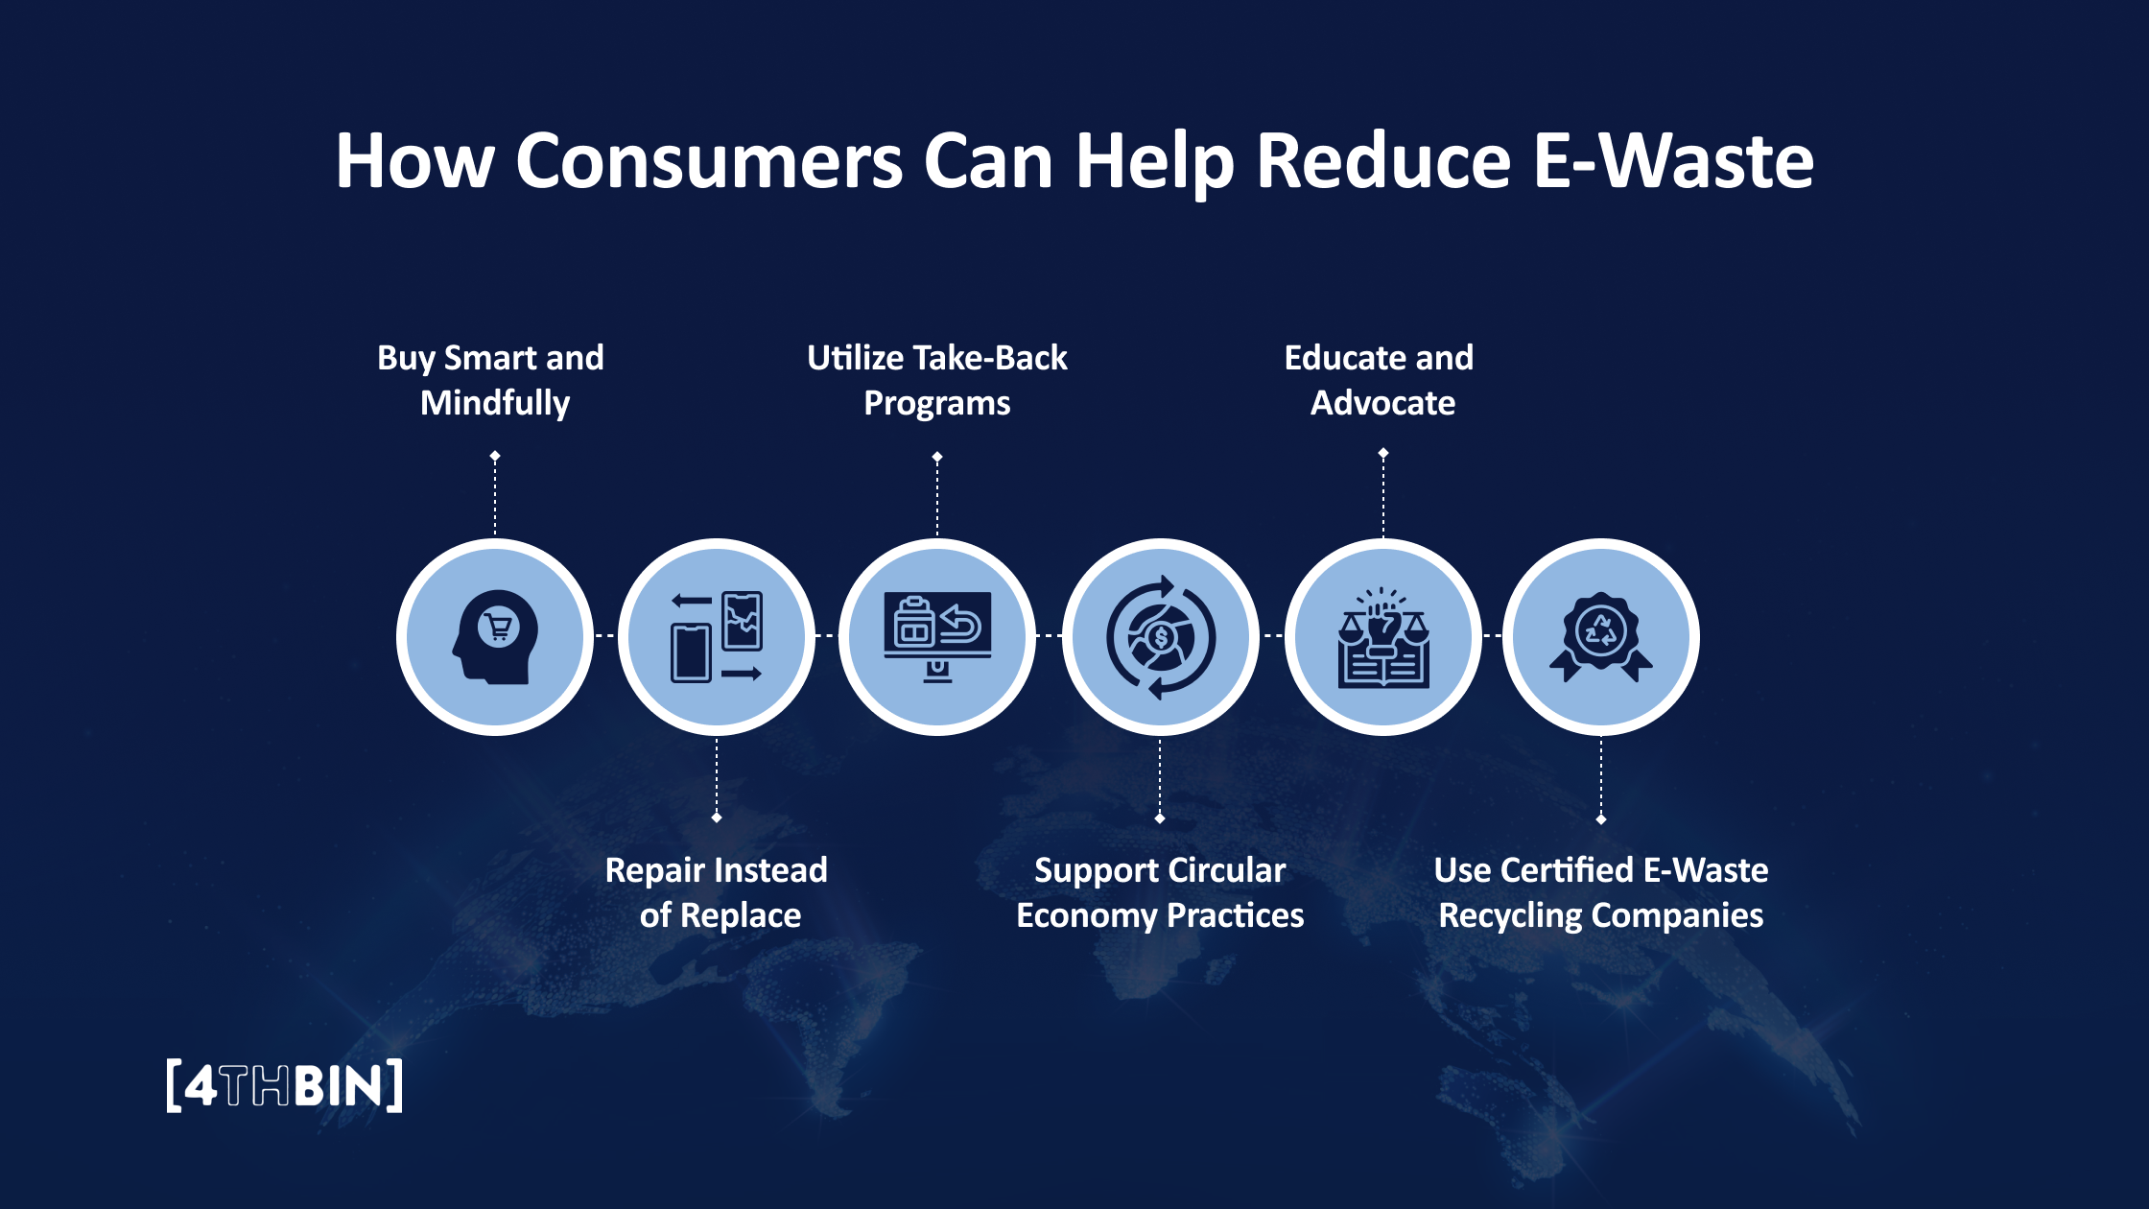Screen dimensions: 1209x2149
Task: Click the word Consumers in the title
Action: pyautogui.click(x=709, y=161)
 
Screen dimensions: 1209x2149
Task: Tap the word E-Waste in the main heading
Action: pyautogui.click(x=1672, y=161)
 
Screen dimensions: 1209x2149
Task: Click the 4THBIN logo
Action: pyautogui.click(x=284, y=1086)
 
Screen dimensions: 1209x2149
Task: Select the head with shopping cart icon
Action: pyautogui.click(x=495, y=637)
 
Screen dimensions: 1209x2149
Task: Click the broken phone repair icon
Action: pyautogui.click(x=717, y=637)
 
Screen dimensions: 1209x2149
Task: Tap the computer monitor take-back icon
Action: pyautogui.click(x=937, y=637)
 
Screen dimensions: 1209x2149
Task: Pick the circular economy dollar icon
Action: pyautogui.click(x=1160, y=637)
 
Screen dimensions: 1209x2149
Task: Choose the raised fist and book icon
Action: pyautogui.click(x=1383, y=637)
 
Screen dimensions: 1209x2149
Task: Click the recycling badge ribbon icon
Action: pyautogui.click(x=1600, y=637)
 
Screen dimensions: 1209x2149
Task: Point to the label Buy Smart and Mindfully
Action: pyautogui.click(x=492, y=380)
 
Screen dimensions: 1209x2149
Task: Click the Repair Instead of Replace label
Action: pyautogui.click(x=718, y=892)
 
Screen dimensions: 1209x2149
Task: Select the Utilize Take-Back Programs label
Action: pyautogui.click(x=937, y=380)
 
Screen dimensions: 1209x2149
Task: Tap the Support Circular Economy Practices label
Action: pyautogui.click(x=1160, y=892)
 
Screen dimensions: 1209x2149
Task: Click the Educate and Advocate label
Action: pyautogui.click(x=1381, y=380)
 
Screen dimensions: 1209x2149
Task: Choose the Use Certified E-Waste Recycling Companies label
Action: pyautogui.click(x=1600, y=892)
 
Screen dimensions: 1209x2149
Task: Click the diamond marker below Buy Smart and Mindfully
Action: pyautogui.click(x=495, y=456)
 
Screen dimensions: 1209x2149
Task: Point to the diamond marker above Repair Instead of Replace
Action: pyautogui.click(x=717, y=818)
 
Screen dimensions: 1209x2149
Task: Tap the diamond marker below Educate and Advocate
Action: pyautogui.click(x=1383, y=453)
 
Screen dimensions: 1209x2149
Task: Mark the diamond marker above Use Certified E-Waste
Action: pyautogui.click(x=1601, y=819)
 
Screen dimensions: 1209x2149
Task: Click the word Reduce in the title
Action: pyautogui.click(x=1383, y=161)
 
